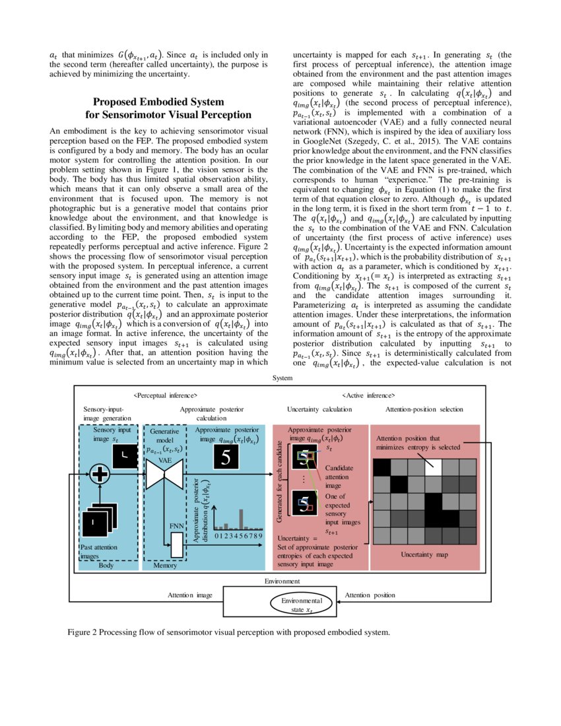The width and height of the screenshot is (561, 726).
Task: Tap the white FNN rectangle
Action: pos(177,544)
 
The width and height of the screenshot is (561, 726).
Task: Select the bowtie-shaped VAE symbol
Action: pos(164,474)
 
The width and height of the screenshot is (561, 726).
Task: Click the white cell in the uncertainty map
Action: pos(433,467)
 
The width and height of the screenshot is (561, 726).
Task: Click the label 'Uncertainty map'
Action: pos(424,555)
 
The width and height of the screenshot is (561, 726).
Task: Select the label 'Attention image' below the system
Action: pos(190,595)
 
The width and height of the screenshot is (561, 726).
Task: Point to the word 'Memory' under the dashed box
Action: pos(165,566)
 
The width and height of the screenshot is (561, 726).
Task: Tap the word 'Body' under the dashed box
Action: pos(106,566)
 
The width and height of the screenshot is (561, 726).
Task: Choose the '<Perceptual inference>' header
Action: pos(165,395)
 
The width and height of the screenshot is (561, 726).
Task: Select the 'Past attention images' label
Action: pos(97,552)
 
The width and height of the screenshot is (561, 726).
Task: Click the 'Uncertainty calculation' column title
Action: pos(319,410)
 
